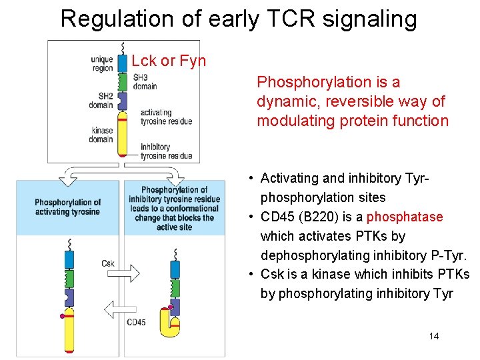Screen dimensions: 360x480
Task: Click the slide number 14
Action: click(434, 336)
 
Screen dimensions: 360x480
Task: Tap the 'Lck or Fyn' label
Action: click(169, 61)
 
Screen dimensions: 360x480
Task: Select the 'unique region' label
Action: click(102, 64)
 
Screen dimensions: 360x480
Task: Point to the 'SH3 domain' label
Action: click(145, 82)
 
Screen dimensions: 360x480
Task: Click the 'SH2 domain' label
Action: click(101, 101)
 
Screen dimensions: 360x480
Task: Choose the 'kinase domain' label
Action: click(101, 135)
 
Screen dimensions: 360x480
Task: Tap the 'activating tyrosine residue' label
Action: click(166, 117)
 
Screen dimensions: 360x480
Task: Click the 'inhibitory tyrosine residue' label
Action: click(166, 151)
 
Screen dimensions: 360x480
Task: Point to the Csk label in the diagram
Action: click(108, 263)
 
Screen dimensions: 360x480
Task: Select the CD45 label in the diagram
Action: click(136, 323)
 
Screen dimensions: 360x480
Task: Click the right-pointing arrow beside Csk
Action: click(133, 272)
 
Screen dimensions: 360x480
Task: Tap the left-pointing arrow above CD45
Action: click(119, 308)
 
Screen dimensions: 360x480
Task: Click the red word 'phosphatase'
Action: click(405, 217)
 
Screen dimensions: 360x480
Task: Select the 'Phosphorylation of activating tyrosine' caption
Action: click(67, 207)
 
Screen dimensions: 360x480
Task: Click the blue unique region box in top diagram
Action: click(122, 63)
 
